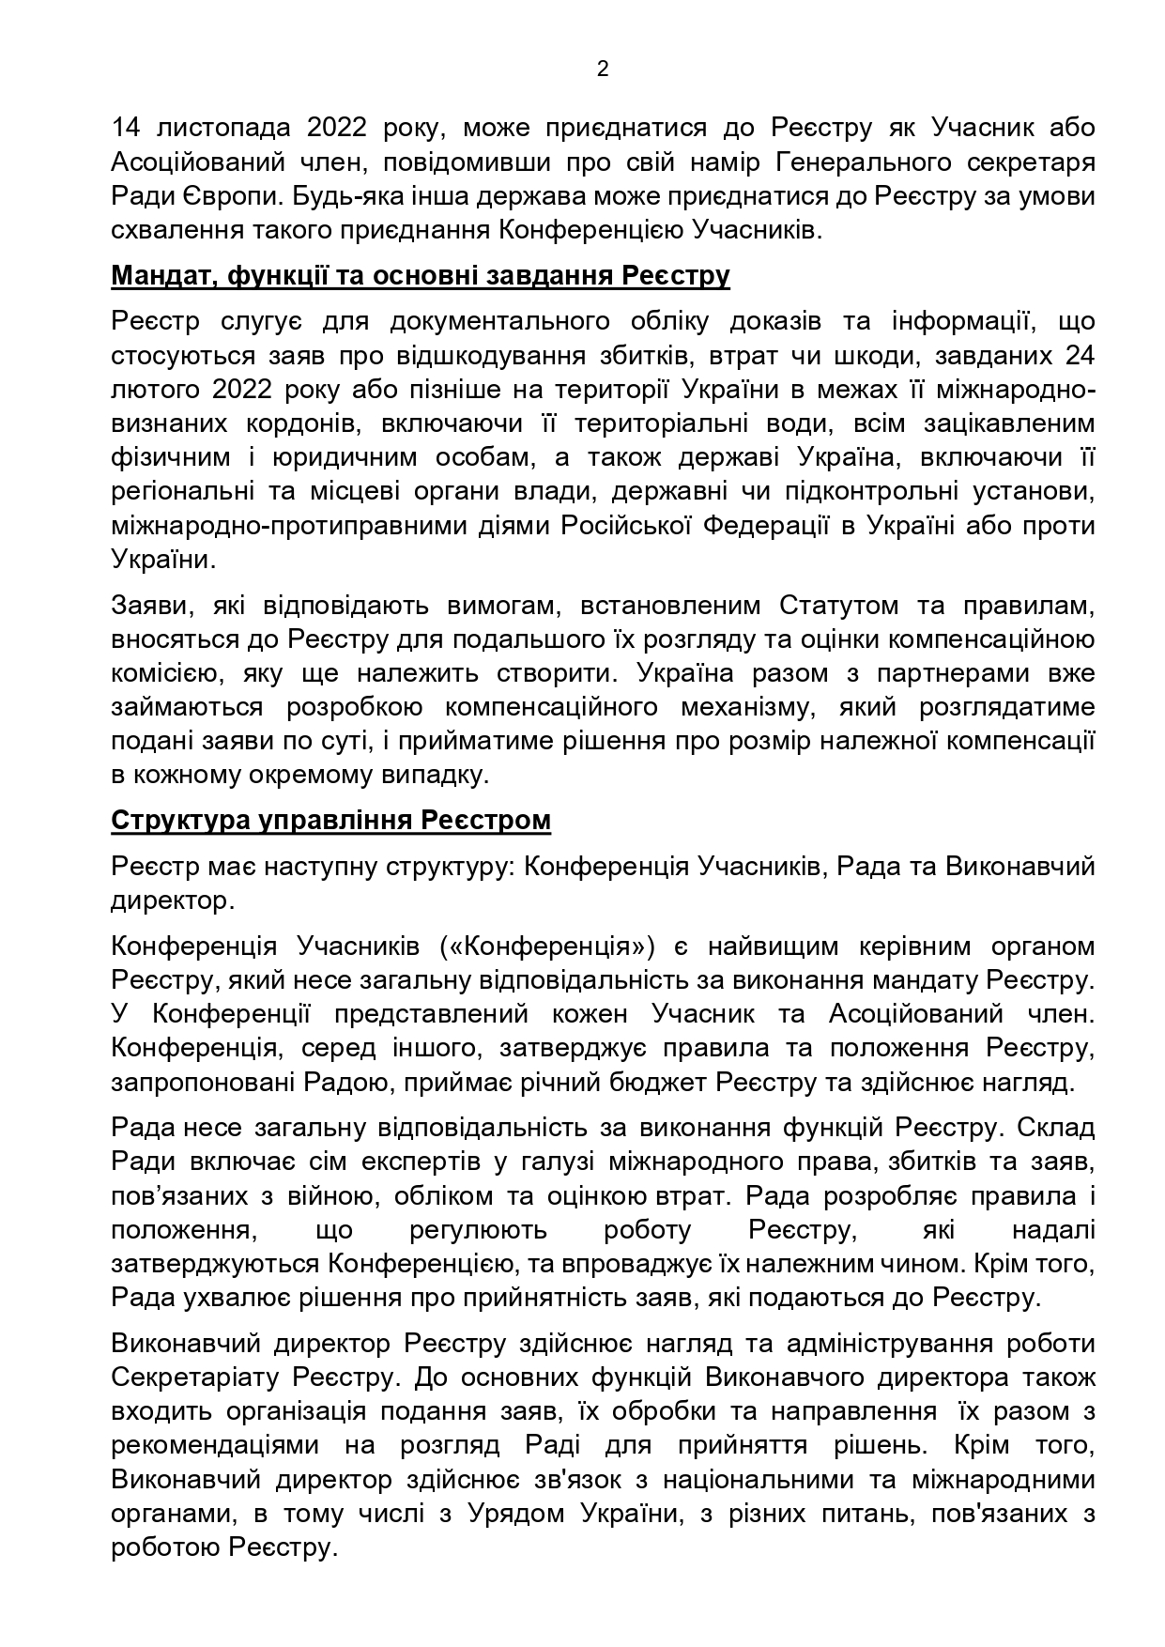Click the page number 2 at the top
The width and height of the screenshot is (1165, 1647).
[x=602, y=69]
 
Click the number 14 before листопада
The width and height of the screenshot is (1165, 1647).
[x=125, y=128]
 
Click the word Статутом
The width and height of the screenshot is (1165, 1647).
[x=836, y=606]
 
